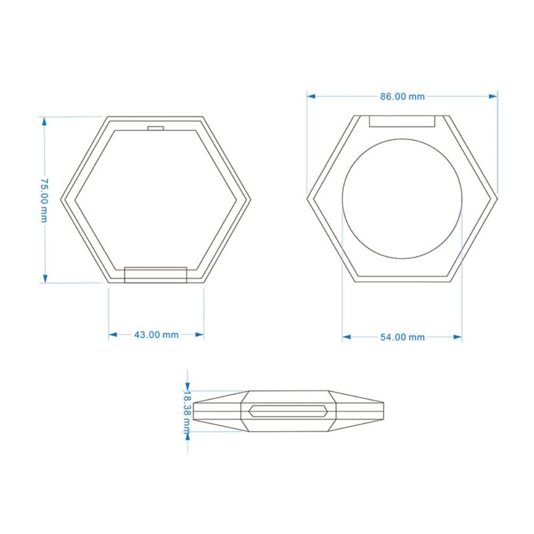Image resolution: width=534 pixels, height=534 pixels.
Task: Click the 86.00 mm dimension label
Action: click(x=402, y=96)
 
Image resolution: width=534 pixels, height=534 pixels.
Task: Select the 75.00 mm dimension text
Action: click(x=44, y=200)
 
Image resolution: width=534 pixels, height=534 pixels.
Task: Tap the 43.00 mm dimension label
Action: click(x=156, y=335)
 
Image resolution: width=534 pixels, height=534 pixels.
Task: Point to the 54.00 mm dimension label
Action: click(x=402, y=337)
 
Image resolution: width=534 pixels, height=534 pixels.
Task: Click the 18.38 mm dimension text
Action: click(x=187, y=412)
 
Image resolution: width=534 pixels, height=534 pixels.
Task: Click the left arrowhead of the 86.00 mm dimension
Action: click(x=311, y=96)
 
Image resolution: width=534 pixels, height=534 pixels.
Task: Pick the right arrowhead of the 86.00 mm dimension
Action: click(x=493, y=96)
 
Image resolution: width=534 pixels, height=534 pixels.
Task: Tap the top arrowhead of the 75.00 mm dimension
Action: click(x=44, y=122)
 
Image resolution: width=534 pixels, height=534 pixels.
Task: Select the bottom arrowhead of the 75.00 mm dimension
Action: click(x=44, y=278)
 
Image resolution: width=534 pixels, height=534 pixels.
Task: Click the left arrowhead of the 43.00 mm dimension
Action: click(x=113, y=335)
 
